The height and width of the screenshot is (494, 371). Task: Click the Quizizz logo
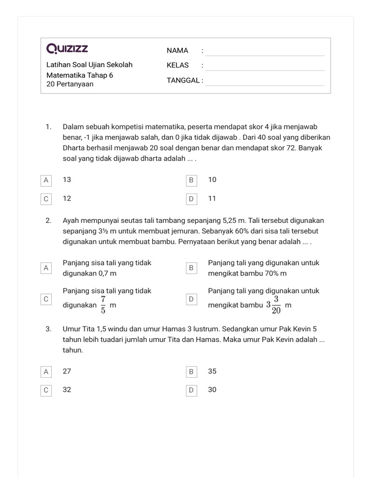coord(67,49)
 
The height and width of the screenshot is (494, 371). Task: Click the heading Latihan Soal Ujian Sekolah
coord(89,65)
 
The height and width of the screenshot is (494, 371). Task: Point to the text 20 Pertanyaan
coord(70,84)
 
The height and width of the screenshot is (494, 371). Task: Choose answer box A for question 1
coord(46,180)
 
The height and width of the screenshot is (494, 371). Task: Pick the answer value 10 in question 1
coord(212,179)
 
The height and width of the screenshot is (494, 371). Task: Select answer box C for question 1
coord(46,198)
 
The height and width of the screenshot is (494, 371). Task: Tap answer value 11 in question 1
coord(212,198)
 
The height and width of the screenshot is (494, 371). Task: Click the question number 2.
coord(48,220)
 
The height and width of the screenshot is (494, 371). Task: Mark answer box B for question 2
coord(191,268)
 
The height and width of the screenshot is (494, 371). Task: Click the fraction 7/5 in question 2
coord(103,305)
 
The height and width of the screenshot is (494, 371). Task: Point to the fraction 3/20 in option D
coord(276,305)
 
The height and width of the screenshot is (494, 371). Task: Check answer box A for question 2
coord(46,268)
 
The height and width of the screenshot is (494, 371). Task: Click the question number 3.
coord(48,329)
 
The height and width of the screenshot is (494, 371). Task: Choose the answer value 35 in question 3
coord(212,371)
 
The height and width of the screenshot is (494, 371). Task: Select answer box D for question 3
coord(191,390)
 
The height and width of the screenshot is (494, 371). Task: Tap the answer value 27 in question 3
coord(67,371)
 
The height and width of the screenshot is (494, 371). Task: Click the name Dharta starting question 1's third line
coord(74,148)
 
